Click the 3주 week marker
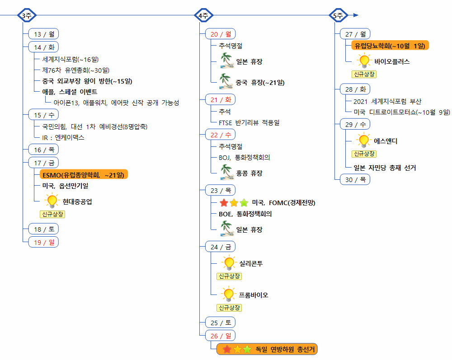(27, 15)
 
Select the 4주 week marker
(203, 15)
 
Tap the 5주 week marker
(338, 15)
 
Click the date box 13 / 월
(43, 34)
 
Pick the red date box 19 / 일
(43, 242)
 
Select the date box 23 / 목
(220, 190)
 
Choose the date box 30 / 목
(355, 179)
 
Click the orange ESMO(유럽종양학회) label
(83, 174)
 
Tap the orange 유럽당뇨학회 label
(390, 46)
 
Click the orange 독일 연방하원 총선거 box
(267, 349)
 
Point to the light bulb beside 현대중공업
(52, 201)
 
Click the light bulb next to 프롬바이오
(229, 294)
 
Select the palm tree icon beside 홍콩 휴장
(226, 172)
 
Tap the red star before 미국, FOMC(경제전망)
(224, 202)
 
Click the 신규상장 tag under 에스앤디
(364, 154)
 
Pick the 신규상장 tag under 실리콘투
(229, 276)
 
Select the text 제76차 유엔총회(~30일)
(75, 70)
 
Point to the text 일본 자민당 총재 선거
(385, 168)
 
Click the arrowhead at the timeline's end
(356, 15)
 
